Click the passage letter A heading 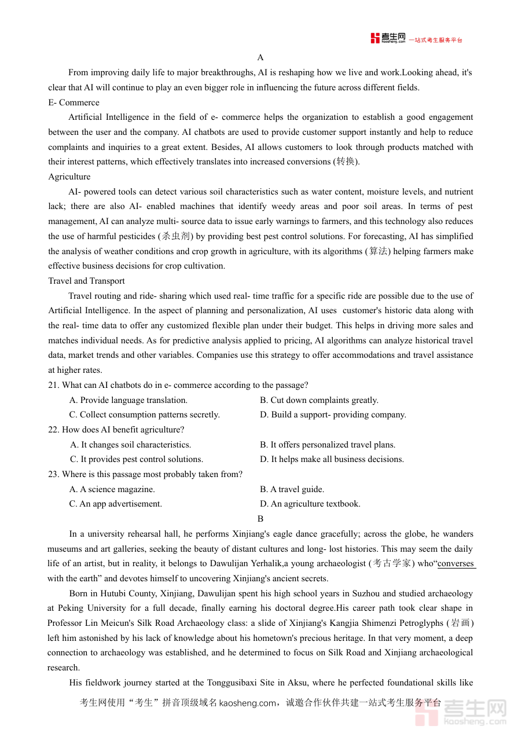click(260, 57)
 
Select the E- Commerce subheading click(74, 102)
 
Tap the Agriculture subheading click(69, 177)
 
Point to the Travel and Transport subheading click(86, 281)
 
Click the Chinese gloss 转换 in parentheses click(346, 162)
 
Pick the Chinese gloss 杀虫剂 click(175, 236)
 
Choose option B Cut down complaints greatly click(319, 400)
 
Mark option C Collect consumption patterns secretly click(145, 415)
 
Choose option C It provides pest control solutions click(137, 459)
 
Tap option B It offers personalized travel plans click(328, 445)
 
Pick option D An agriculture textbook click(310, 504)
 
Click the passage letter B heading click(260, 519)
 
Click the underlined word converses click(456, 563)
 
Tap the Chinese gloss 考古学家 click(392, 563)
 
